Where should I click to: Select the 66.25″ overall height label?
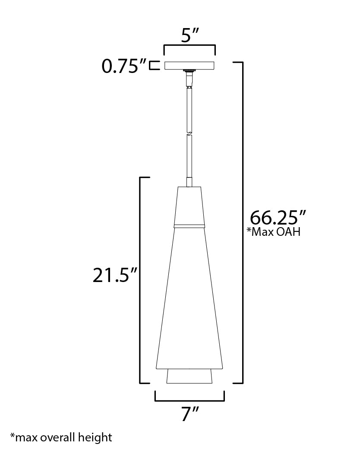(278, 217)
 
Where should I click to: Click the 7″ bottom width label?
(189, 415)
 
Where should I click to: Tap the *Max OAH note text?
(273, 232)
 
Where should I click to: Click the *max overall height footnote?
(61, 437)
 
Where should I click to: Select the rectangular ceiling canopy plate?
(189, 66)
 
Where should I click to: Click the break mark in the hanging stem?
(189, 133)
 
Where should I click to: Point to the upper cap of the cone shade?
(189, 205)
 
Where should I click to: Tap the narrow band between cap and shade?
(189, 225)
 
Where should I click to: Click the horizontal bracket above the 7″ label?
(189, 400)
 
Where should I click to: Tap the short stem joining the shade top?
(189, 181)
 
